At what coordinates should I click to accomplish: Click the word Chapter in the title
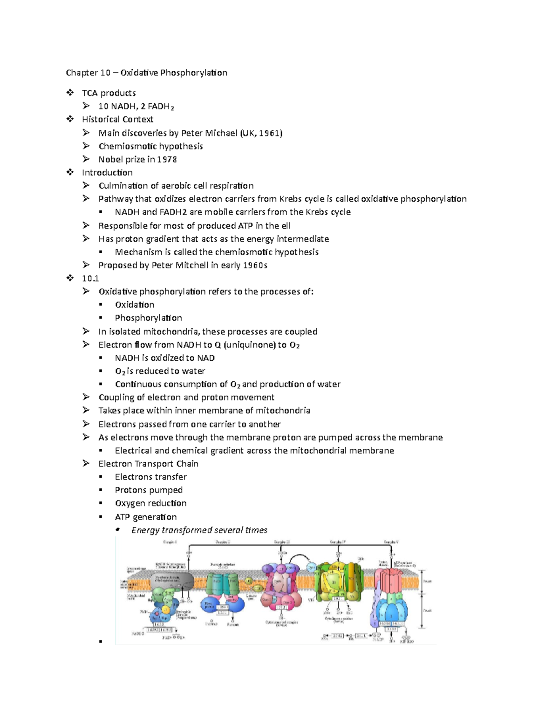[82, 73]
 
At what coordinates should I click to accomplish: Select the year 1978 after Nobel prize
[166, 159]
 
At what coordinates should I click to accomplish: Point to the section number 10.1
[90, 278]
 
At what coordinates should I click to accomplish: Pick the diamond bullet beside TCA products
[70, 93]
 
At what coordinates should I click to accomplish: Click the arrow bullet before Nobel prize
[86, 159]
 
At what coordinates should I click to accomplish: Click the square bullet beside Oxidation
[100, 305]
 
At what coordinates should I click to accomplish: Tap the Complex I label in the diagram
[170, 542]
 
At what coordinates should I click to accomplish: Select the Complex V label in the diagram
[390, 542]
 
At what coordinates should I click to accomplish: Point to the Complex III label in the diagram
[281, 542]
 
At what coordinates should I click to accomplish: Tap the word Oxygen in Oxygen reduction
[130, 503]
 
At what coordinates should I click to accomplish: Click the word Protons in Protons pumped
[130, 490]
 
